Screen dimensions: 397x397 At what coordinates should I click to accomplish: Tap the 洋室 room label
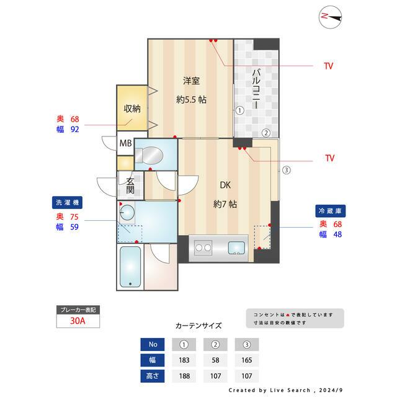pos(191,81)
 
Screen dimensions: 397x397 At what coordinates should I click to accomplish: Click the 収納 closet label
pos(132,108)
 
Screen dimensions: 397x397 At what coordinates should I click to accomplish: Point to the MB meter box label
pos(125,144)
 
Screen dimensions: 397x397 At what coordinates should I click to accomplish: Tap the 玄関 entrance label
pos(130,185)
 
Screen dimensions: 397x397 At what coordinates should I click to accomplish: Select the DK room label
pos(226,184)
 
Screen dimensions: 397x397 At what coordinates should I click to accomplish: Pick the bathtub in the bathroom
pos(130,267)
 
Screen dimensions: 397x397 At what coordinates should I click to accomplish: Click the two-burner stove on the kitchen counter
pos(203,249)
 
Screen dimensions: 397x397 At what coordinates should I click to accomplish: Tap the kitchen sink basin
pos(236,249)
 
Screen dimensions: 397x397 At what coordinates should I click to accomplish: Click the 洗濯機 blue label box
pos(67,202)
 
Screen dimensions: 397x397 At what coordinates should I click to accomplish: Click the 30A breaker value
pos(78,321)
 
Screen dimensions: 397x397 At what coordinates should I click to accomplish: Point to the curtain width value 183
pos(184,360)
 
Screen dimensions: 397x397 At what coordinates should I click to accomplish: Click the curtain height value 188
pos(184,375)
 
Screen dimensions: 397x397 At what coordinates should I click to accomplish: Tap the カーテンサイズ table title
pos(198,325)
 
